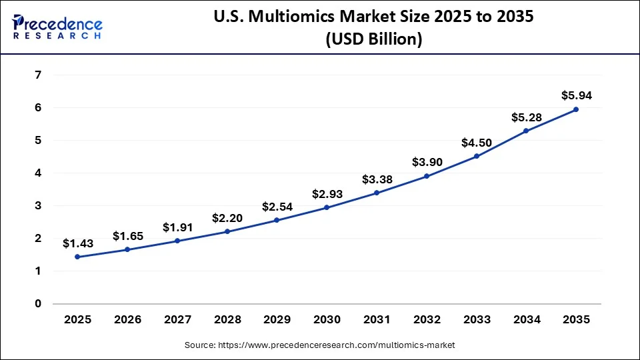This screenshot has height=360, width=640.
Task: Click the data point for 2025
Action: pos(78,257)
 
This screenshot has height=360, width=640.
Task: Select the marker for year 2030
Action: pos(327,207)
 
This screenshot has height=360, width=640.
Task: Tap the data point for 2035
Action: pos(576,109)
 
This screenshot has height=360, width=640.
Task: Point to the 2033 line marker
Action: pos(476,156)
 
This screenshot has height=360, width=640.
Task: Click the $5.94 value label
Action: pos(576,95)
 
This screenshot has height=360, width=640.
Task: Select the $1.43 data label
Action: pos(78,243)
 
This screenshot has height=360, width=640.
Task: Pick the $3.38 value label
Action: pos(377,179)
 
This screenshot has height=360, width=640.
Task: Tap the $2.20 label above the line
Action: pos(227,217)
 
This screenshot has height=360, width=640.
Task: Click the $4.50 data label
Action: pos(476,143)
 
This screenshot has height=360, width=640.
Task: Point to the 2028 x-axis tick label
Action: pos(227,319)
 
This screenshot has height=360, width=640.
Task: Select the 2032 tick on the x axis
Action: pos(427,319)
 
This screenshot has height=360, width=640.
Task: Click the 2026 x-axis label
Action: pos(128,319)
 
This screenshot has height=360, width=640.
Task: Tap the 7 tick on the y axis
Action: pos(37,75)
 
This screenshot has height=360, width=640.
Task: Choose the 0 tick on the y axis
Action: pos(37,303)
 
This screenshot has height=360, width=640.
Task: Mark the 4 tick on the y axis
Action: pos(37,173)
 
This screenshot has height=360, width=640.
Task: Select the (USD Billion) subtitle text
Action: pos(373,39)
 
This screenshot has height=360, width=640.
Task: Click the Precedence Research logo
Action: pos(57,27)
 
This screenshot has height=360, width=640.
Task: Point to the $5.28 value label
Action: pos(526,117)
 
